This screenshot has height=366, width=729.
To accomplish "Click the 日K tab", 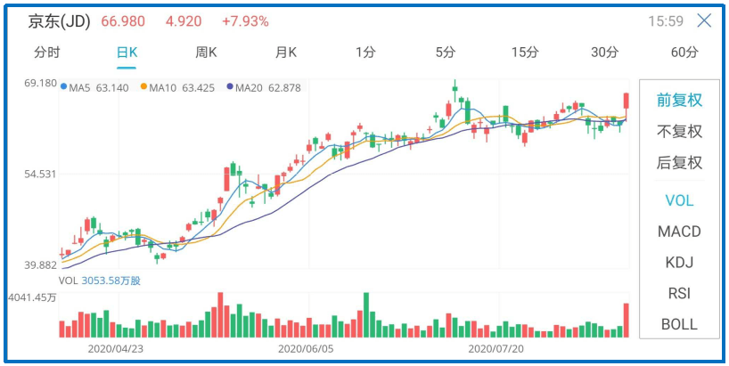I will [x=127, y=53].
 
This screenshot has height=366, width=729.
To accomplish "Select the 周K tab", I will [x=206, y=53].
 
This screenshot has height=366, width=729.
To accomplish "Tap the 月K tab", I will [x=285, y=53].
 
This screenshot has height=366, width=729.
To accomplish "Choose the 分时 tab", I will [x=47, y=53].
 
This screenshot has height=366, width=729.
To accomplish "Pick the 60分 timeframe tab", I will [x=684, y=53].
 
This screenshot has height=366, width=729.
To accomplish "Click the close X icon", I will [x=704, y=20].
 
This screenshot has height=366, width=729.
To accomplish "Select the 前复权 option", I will [x=679, y=100].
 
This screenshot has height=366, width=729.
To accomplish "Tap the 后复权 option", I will [x=679, y=163].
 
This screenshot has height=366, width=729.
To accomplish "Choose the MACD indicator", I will [x=679, y=232].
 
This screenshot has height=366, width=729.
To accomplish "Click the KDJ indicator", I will [x=679, y=263].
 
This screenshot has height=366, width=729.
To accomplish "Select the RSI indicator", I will [x=679, y=293].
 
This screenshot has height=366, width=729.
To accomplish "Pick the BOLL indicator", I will [x=679, y=324].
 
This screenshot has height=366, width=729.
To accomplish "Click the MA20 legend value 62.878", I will [x=283, y=87].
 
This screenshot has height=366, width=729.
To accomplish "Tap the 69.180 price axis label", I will [x=41, y=83].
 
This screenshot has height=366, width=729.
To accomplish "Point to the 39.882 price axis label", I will [x=41, y=265].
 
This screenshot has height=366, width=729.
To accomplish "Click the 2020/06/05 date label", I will [x=307, y=349].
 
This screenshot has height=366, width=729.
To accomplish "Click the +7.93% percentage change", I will [x=246, y=20].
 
